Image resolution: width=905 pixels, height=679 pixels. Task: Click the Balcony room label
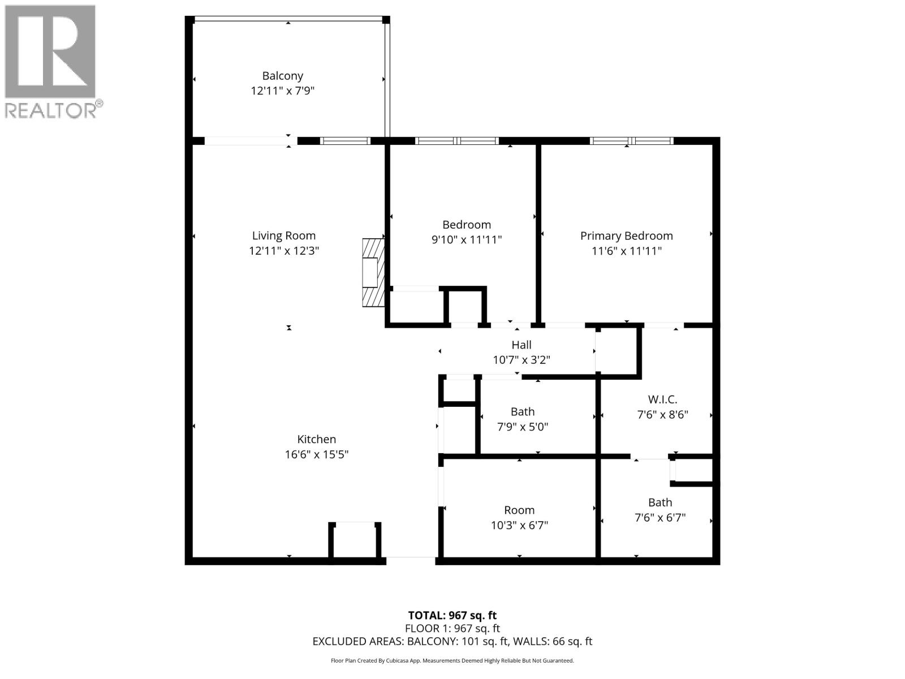(x=282, y=76)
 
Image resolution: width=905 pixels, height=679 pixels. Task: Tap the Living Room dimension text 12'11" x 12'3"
(x=284, y=251)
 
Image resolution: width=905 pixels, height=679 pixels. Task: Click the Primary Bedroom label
(x=626, y=236)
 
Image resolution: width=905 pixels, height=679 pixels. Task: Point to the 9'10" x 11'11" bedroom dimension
(x=467, y=240)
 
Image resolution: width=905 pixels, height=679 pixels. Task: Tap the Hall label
(x=522, y=345)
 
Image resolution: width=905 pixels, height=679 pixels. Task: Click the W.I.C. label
(x=662, y=399)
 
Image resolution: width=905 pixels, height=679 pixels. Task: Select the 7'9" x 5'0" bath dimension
(x=523, y=427)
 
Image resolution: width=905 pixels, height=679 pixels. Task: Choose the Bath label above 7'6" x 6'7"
(x=660, y=502)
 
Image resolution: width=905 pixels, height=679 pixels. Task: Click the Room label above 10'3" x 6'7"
(x=519, y=510)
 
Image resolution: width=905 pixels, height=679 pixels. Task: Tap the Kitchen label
(x=317, y=439)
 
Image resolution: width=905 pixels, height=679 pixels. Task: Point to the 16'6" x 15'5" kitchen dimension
(x=317, y=454)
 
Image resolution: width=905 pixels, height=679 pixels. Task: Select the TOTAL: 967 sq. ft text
(x=452, y=615)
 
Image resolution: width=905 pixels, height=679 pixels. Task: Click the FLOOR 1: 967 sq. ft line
(x=452, y=628)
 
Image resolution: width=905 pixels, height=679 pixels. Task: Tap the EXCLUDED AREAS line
(x=452, y=641)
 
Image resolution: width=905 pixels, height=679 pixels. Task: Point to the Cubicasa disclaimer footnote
(x=452, y=660)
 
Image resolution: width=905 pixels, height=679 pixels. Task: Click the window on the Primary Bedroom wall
(x=631, y=141)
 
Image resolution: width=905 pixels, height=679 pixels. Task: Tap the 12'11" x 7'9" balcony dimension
(x=282, y=91)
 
